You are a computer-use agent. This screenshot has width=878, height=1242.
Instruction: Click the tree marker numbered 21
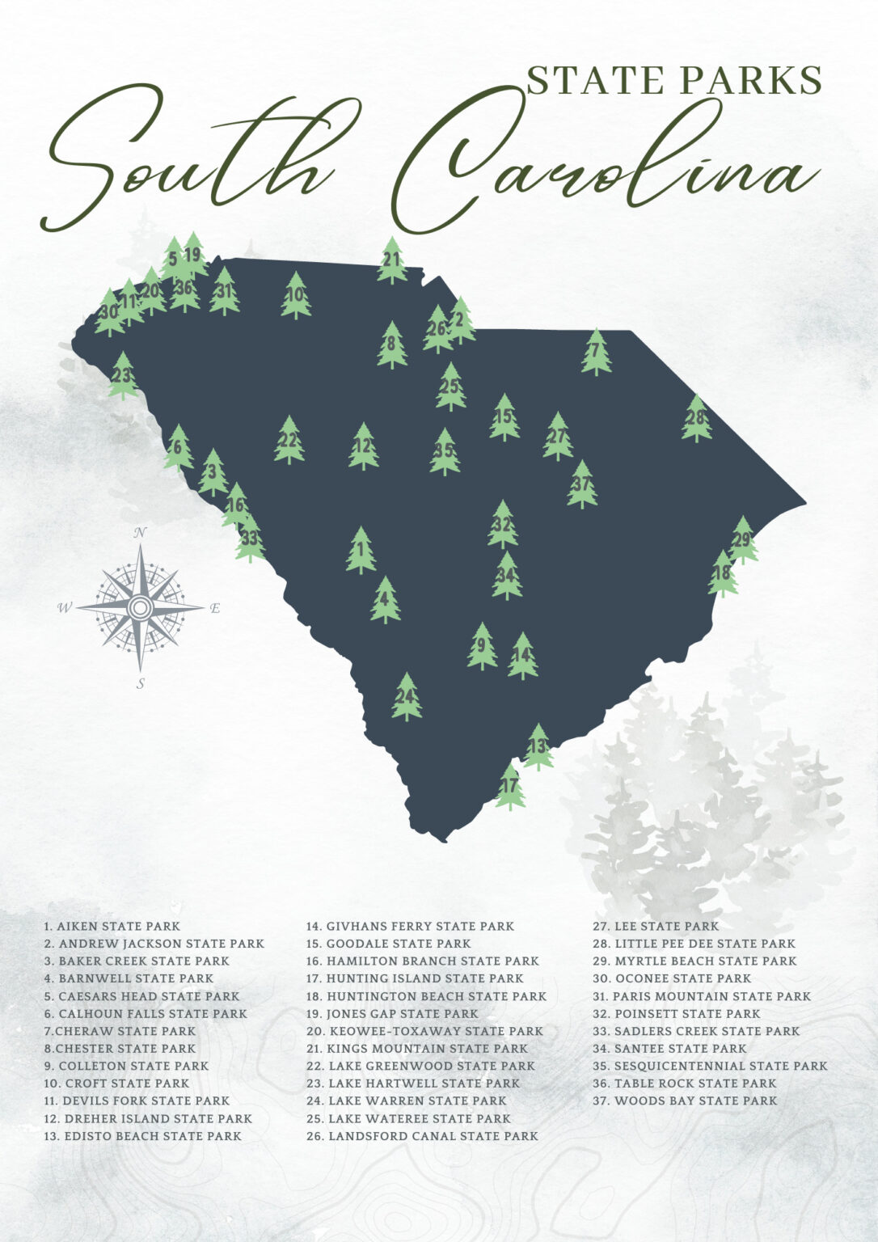(x=392, y=260)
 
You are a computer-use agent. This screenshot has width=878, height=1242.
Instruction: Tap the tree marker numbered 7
(x=596, y=352)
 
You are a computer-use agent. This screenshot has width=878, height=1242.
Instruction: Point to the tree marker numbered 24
(x=407, y=696)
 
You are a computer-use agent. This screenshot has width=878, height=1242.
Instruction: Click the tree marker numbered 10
(x=296, y=295)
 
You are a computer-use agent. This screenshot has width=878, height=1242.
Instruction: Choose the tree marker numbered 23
(x=123, y=375)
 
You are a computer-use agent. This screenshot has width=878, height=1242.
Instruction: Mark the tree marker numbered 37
(x=582, y=484)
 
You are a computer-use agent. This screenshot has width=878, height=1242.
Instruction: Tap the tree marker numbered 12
(x=363, y=446)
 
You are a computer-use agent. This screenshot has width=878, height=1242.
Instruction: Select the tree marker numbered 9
(x=482, y=645)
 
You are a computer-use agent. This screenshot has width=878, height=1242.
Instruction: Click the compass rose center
(x=140, y=606)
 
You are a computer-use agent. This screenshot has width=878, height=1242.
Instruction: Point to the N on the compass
(x=140, y=533)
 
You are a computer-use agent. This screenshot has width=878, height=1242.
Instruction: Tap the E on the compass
(x=215, y=609)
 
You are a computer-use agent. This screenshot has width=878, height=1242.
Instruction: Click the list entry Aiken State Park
(x=112, y=927)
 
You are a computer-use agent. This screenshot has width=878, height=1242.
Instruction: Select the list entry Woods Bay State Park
(x=685, y=1101)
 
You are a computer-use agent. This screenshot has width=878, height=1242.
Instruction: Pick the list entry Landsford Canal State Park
(x=422, y=1136)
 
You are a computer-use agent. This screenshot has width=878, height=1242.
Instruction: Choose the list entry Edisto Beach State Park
(x=143, y=1136)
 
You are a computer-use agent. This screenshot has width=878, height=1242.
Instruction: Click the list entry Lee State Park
(x=656, y=927)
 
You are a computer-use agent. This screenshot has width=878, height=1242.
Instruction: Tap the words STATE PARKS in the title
(x=675, y=80)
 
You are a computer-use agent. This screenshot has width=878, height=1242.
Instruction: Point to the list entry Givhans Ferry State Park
(x=410, y=927)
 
